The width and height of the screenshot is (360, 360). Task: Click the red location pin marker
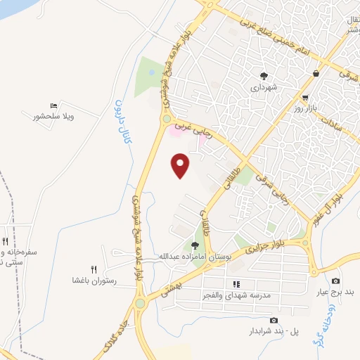click(x=181, y=165)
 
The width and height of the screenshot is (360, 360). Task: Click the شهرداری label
click(x=264, y=89)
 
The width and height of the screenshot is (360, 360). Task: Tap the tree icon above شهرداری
click(x=264, y=76)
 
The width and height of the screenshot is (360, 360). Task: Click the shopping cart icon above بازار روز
click(x=305, y=97)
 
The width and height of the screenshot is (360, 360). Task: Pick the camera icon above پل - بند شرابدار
click(x=274, y=321)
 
